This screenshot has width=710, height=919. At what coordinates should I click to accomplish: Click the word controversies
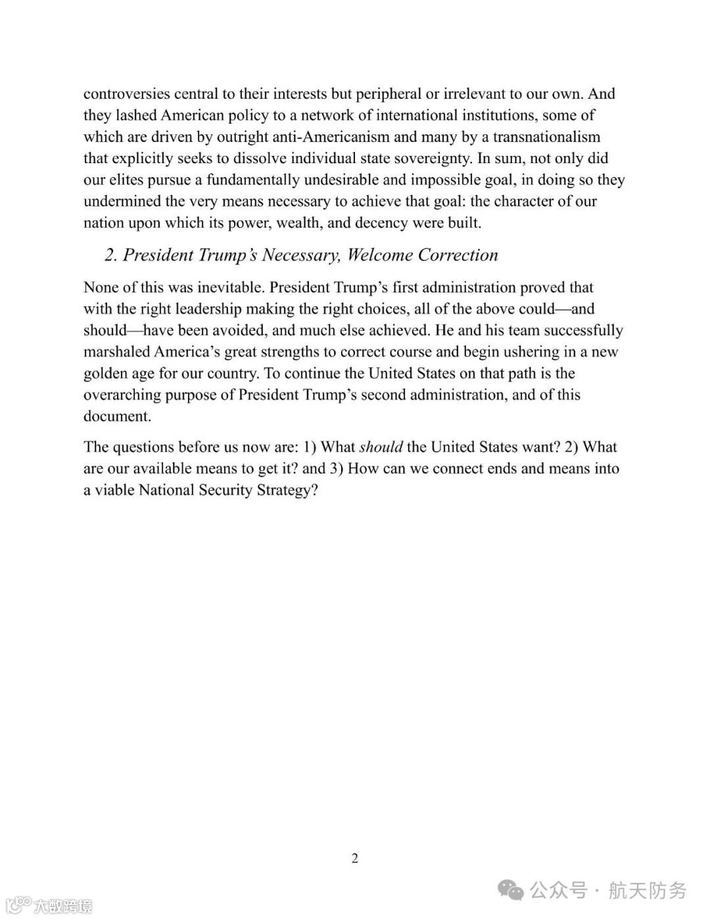tap(127, 93)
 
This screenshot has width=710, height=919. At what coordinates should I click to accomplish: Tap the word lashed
tap(136, 115)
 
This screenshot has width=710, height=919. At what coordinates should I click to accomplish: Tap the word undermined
tap(125, 201)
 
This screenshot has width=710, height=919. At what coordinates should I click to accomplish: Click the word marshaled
tap(116, 352)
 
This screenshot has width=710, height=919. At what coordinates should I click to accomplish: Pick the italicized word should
tap(381, 447)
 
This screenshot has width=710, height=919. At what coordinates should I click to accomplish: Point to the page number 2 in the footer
tap(355, 858)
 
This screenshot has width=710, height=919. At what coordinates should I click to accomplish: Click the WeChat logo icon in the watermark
tap(511, 890)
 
